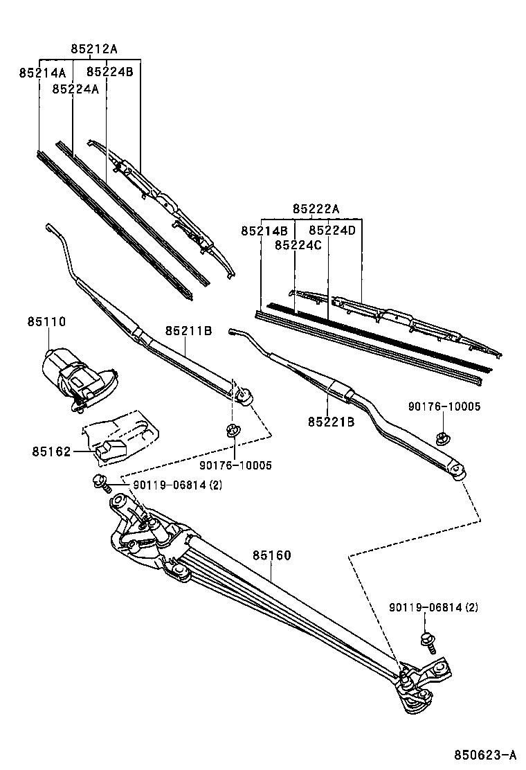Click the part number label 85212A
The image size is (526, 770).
pyautogui.click(x=94, y=48)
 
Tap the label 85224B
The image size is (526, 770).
pyautogui.click(x=110, y=71)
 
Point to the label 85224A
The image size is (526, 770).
pyautogui.click(x=75, y=89)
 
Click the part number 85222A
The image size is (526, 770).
pyautogui.click(x=316, y=209)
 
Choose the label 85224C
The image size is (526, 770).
pyautogui.click(x=298, y=245)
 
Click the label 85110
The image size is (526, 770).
pyautogui.click(x=46, y=322)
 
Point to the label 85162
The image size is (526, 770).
pyautogui.click(x=50, y=451)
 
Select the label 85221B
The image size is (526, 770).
pyautogui.click(x=331, y=421)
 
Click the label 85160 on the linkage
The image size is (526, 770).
pyautogui.click(x=271, y=555)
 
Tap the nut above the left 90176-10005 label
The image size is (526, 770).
pyautogui.click(x=233, y=431)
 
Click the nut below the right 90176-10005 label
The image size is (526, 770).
pyautogui.click(x=441, y=438)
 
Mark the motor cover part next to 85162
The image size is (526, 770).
pyautogui.click(x=121, y=436)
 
